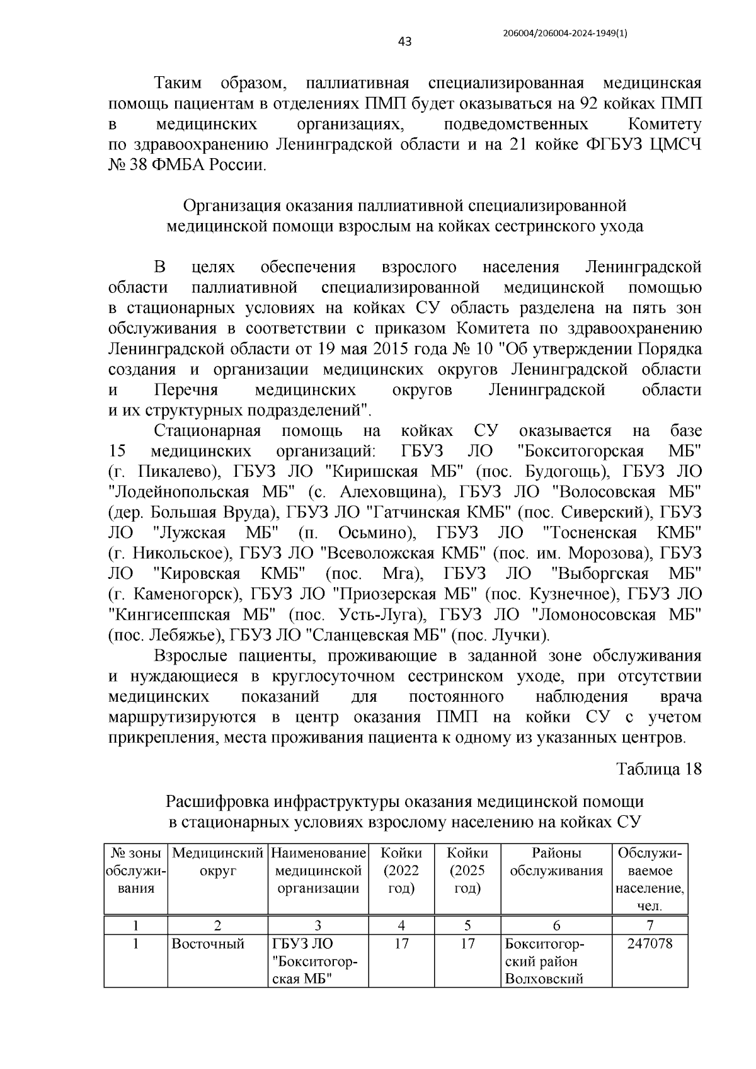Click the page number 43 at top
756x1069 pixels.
pyautogui.click(x=404, y=42)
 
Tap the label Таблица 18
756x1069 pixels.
pyautogui.click(x=658, y=769)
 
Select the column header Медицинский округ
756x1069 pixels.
pyautogui.click(x=217, y=862)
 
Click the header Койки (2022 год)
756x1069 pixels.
pyautogui.click(x=401, y=871)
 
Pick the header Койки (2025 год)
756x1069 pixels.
pyautogui.click(x=467, y=871)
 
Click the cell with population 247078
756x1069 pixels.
pyautogui.click(x=650, y=944)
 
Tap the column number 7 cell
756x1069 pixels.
pyautogui.click(x=650, y=925)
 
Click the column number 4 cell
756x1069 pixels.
pyautogui.click(x=401, y=925)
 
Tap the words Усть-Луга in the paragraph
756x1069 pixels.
pyautogui.click(x=376, y=614)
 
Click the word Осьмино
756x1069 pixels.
pyautogui.click(x=374, y=533)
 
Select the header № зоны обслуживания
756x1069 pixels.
pyautogui.click(x=136, y=871)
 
